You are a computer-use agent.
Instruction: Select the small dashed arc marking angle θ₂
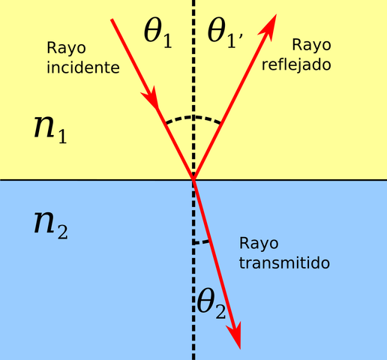click(201, 241)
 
